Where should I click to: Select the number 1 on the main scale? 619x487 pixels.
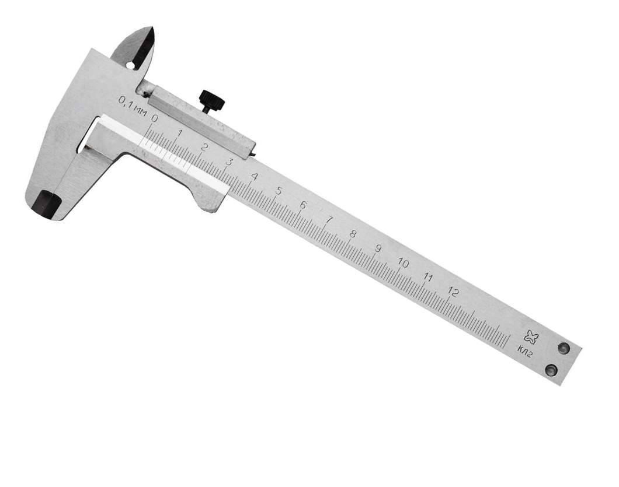click(180, 133)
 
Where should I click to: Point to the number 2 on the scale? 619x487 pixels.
click(204, 148)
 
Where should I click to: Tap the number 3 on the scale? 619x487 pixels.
click(228, 162)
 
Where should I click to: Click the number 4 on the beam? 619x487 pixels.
click(254, 176)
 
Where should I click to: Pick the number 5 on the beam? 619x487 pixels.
click(279, 191)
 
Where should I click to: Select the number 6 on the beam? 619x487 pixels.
click(303, 205)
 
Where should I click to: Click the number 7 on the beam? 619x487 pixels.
click(328, 220)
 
